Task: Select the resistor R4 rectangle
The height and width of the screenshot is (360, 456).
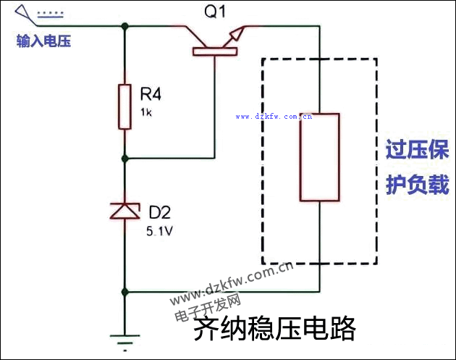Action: point(125,106)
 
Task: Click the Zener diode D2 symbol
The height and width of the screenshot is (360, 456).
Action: point(125,211)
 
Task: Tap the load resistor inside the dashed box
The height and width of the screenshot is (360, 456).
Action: point(319,156)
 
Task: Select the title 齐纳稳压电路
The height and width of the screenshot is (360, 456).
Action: point(275,330)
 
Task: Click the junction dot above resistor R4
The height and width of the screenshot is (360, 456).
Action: point(125,26)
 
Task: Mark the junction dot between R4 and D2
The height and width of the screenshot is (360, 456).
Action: point(125,157)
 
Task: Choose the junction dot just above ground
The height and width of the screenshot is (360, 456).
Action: point(125,293)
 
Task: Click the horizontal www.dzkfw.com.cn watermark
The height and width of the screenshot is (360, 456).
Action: point(273,115)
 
